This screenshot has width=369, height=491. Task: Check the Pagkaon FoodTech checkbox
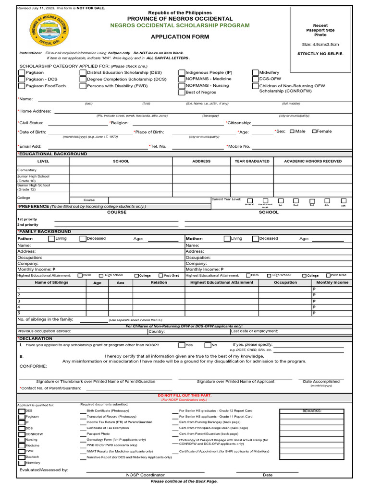(x=22, y=86)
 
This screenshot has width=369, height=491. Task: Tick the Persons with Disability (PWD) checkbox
(x=83, y=86)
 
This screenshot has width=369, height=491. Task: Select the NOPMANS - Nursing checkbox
(x=182, y=86)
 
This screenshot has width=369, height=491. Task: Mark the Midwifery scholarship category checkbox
(x=256, y=73)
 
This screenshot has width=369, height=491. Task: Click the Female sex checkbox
(x=314, y=131)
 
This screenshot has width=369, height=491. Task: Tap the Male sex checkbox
(x=292, y=131)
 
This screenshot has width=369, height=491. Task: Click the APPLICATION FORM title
(x=173, y=36)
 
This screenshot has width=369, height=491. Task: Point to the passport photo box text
(x=320, y=30)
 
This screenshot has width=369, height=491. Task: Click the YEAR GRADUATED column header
(x=252, y=162)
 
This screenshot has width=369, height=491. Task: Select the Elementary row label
(x=27, y=170)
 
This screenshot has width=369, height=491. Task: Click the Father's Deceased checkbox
(x=83, y=238)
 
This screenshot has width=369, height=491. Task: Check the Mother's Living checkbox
(x=227, y=238)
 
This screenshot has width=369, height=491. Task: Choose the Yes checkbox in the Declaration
(x=182, y=345)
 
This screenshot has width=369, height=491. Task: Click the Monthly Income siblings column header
(x=332, y=283)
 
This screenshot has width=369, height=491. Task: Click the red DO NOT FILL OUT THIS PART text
(x=185, y=395)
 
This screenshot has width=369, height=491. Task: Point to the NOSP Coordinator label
(x=145, y=475)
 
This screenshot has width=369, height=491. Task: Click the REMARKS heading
(x=312, y=411)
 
